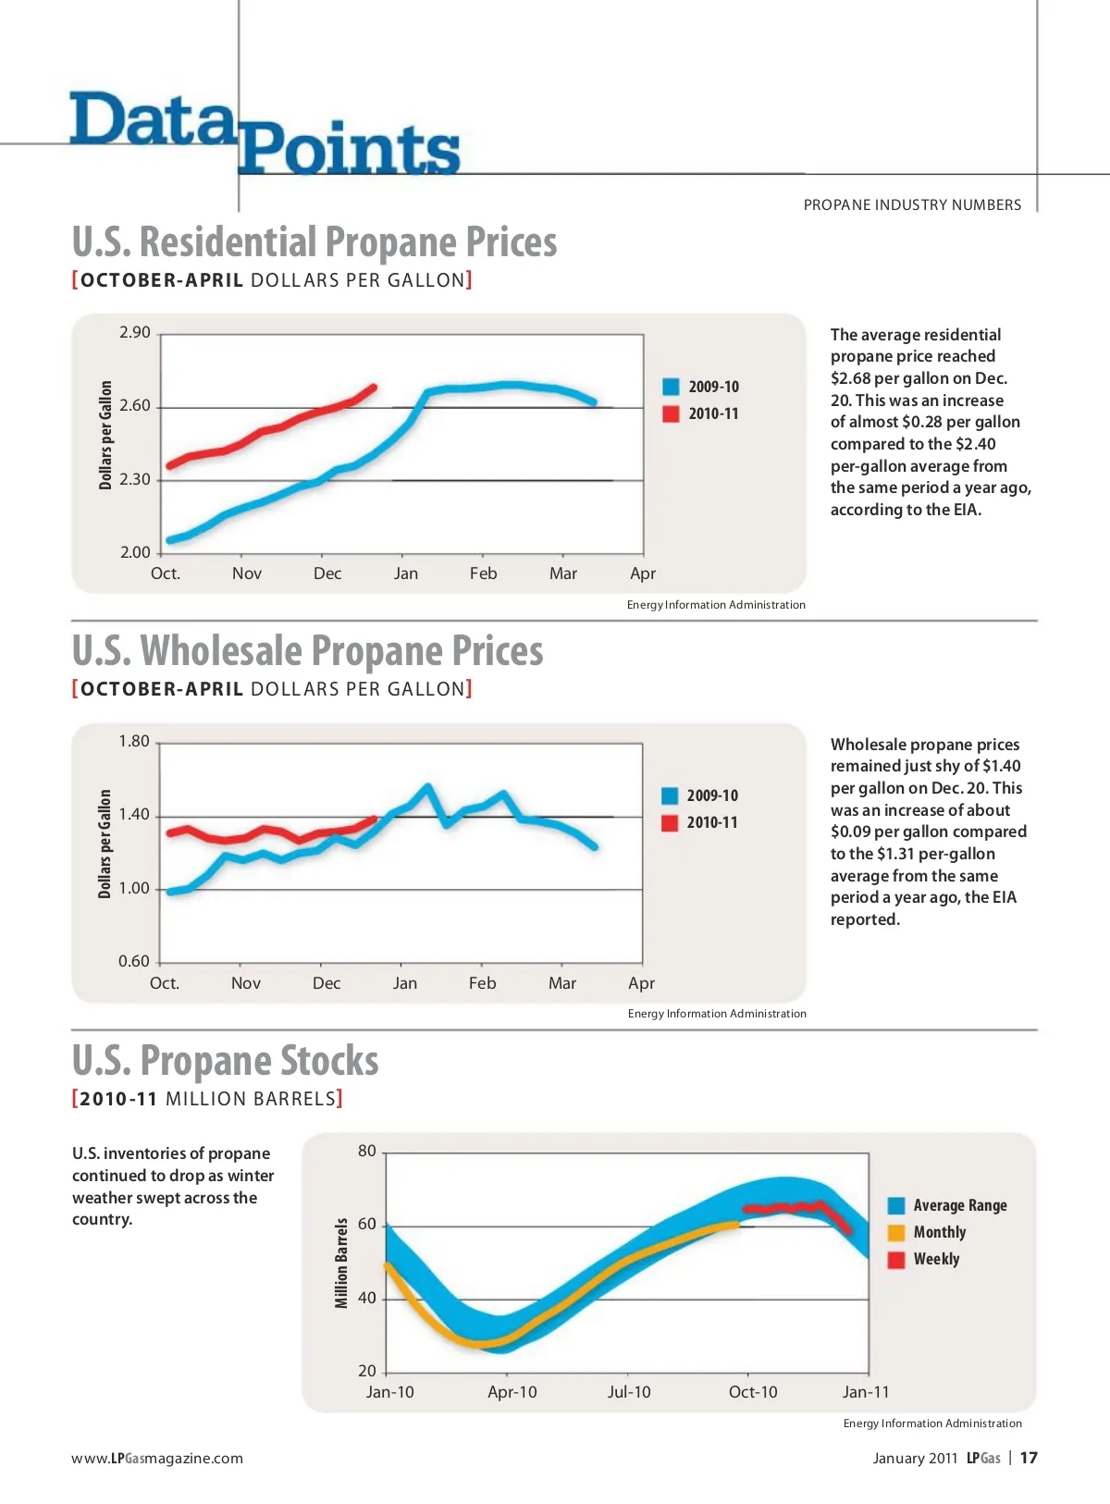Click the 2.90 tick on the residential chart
(x=135, y=332)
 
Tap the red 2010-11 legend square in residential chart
(x=672, y=413)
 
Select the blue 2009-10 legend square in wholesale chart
(x=671, y=795)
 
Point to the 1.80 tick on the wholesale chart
(x=134, y=741)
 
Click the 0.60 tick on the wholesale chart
(x=134, y=961)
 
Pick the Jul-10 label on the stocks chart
(x=629, y=1392)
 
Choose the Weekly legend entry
(x=936, y=1259)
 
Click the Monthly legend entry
(x=939, y=1232)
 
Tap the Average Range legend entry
(x=959, y=1205)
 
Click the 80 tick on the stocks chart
(x=367, y=1151)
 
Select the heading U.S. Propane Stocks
(x=226, y=1060)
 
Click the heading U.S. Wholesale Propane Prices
(x=308, y=650)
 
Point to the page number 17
(x=1029, y=1458)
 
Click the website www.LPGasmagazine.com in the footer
(x=157, y=1459)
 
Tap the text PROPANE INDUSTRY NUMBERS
(x=912, y=204)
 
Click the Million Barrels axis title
(x=341, y=1263)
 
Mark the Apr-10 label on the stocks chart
(x=512, y=1392)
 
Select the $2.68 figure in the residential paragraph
(x=850, y=378)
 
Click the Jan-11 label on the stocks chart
(x=866, y=1392)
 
